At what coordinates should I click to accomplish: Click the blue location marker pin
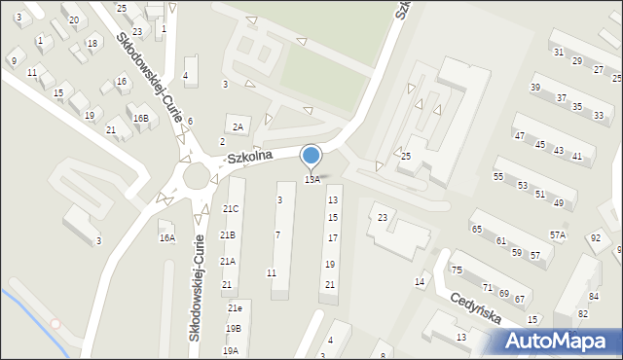(x=311, y=156)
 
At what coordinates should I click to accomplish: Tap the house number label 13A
(x=311, y=179)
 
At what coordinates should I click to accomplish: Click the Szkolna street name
(x=248, y=156)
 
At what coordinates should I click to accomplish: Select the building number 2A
(x=238, y=126)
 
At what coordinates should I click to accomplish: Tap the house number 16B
(x=141, y=119)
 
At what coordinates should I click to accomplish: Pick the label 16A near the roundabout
(x=167, y=237)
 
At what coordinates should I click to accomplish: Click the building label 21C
(x=230, y=209)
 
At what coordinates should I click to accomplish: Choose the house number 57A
(x=557, y=234)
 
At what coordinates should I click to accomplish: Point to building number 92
(x=595, y=237)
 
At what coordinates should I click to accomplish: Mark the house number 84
(x=594, y=296)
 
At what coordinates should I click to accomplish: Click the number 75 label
(x=456, y=270)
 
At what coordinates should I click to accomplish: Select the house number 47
(x=520, y=135)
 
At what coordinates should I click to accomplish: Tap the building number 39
(x=535, y=88)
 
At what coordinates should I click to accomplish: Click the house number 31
(x=558, y=52)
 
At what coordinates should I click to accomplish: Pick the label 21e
(x=235, y=307)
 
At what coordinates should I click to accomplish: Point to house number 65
(x=477, y=229)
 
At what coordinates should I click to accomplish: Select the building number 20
(x=74, y=19)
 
